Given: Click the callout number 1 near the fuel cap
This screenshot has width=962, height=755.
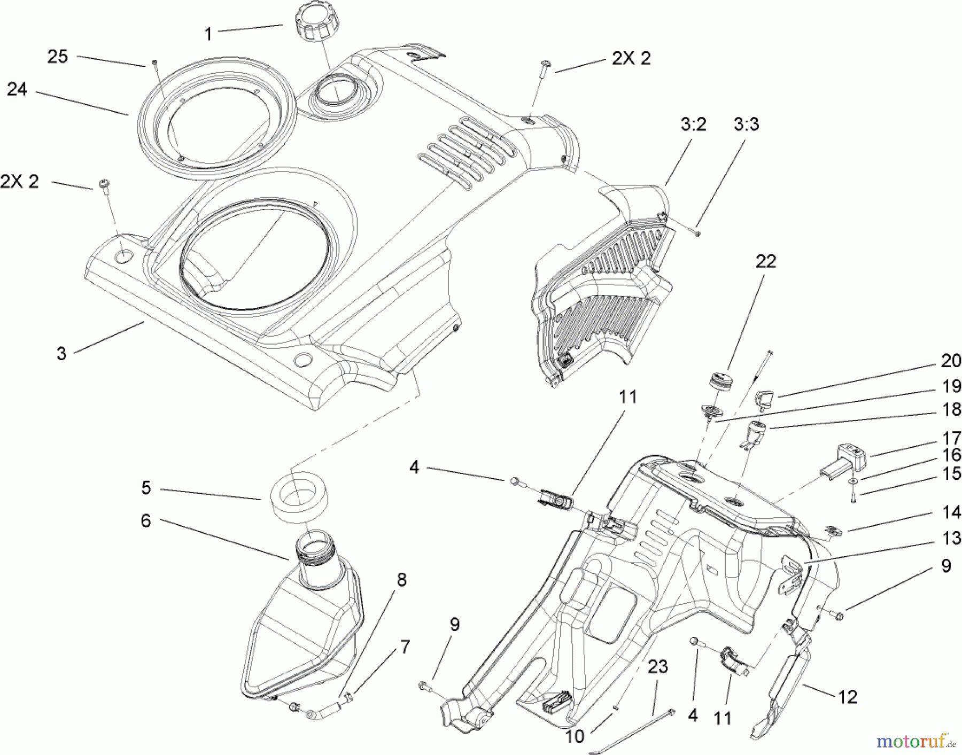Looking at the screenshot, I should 208,34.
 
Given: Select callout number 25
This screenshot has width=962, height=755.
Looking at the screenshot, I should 58,57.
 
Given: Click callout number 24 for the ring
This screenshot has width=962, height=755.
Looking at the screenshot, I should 17,89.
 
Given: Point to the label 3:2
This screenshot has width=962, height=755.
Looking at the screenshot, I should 693,124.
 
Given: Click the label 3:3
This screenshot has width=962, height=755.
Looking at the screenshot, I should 746,124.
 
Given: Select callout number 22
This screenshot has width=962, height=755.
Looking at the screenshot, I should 765,261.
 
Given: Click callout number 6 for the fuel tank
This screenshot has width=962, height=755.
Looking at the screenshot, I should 146,520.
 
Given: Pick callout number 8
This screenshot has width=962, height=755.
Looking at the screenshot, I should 401,580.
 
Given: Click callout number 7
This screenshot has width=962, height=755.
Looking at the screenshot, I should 405,647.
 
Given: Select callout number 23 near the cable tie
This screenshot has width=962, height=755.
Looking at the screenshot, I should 658,667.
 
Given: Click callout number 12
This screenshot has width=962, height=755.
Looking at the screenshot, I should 848,697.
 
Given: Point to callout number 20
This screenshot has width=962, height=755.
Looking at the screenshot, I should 951,361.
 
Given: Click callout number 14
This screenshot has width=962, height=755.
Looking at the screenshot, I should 951,512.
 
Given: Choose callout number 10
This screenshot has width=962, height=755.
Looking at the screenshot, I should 575,736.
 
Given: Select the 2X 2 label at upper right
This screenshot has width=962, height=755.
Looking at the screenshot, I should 631,58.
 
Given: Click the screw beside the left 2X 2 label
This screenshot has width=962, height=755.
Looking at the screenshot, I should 103,185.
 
